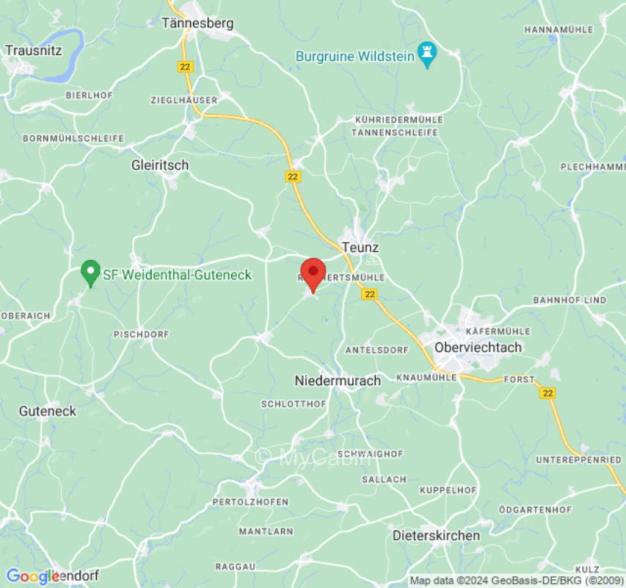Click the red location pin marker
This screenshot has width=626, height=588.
(x=313, y=273)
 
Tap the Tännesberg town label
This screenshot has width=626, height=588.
(x=197, y=23)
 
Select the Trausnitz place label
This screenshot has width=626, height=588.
(x=34, y=51)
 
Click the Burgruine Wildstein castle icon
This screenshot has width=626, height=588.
(x=426, y=54)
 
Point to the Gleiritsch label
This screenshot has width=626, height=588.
(x=159, y=165)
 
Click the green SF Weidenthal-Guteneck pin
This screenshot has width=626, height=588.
(x=90, y=273)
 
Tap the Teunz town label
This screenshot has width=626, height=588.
(x=360, y=248)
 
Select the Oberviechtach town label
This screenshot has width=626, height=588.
(x=478, y=347)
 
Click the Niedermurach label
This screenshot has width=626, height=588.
(x=338, y=381)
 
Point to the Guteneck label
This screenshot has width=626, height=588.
(x=48, y=411)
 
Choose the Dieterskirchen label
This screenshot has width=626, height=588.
(x=436, y=535)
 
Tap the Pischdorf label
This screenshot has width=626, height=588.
(x=141, y=334)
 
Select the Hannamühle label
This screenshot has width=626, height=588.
(x=558, y=29)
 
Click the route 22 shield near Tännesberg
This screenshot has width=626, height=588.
(x=184, y=67)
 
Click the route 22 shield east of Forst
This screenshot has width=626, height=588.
(x=547, y=393)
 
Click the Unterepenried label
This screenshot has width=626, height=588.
(x=579, y=459)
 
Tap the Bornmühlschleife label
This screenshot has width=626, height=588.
(x=73, y=138)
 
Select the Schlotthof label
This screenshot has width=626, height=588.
(x=294, y=404)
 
